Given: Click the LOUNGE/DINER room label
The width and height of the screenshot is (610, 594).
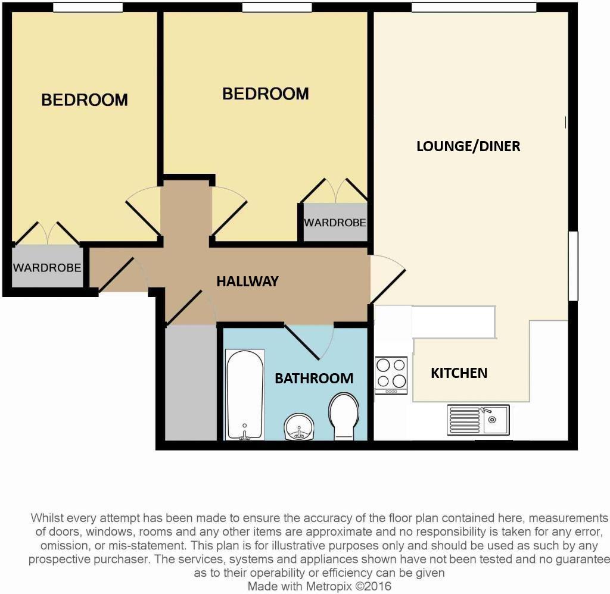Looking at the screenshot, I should coord(468,146).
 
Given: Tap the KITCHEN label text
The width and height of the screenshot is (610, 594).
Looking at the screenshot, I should coord(459,373).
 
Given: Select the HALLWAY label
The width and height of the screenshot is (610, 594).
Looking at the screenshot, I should coord(247,282).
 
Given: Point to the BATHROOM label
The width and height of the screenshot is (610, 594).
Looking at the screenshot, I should coord(313,378).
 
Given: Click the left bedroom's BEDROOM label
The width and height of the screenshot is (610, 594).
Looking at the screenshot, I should coord(84,99).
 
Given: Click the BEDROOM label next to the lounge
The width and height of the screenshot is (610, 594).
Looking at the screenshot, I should coord(265,93).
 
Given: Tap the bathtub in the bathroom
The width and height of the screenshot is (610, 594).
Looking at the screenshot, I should coord(244,395).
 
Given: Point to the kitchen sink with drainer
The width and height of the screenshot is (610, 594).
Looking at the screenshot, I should coord(478,420).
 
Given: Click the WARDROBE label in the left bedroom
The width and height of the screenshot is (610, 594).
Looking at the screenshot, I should coord(47,267).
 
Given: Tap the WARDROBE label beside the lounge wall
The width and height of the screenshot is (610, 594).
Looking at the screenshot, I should coord(335,223).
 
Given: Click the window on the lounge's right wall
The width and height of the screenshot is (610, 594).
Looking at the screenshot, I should coord(573,265).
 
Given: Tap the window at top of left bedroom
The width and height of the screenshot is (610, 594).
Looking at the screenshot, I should coord(88,7).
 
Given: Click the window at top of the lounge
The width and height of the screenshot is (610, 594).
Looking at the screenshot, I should coord(474,7).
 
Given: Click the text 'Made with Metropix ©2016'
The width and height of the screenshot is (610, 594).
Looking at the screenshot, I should coord(319,586).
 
